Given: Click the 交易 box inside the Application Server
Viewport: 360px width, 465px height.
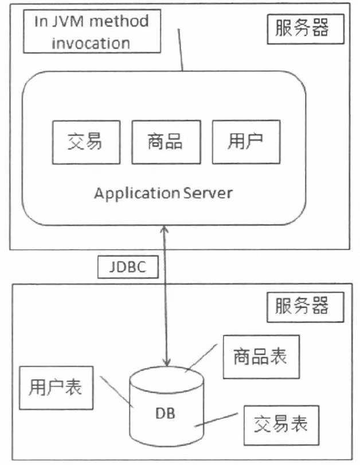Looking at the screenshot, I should pyautogui.click(x=86, y=141).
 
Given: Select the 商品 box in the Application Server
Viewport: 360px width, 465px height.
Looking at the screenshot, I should pyautogui.click(x=166, y=141).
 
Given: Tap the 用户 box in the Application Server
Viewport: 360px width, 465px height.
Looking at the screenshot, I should pyautogui.click(x=246, y=141).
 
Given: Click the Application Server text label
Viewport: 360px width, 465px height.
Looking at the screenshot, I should pyautogui.click(x=163, y=192).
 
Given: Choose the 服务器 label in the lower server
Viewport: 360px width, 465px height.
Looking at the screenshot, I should pyautogui.click(x=306, y=305).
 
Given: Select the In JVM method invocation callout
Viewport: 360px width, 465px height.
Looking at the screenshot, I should pyautogui.click(x=92, y=33).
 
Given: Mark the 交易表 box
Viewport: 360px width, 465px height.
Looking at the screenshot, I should pyautogui.click(x=280, y=424).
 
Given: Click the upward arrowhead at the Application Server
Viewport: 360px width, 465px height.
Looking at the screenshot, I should pyautogui.click(x=166, y=228).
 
